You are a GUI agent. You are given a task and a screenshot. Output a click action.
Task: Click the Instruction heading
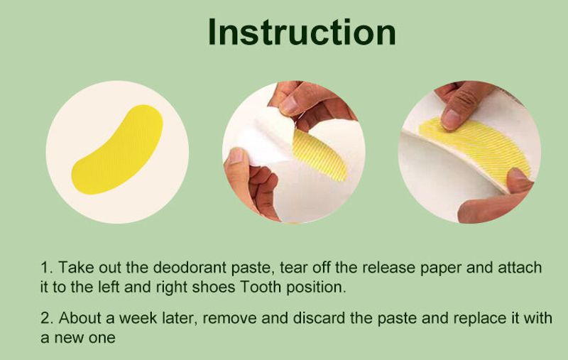[x=302, y=32]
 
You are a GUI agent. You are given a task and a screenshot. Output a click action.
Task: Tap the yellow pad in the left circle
[x=117, y=150]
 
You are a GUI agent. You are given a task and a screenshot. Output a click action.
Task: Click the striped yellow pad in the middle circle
[x=319, y=156]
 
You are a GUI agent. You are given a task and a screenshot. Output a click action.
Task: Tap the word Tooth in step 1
[x=261, y=287]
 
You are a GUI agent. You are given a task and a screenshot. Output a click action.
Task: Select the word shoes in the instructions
[x=214, y=287]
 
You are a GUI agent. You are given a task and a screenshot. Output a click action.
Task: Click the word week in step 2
[x=138, y=318]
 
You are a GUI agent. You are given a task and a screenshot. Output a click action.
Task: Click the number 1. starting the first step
[x=47, y=268]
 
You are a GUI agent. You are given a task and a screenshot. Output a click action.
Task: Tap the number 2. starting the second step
[x=47, y=318]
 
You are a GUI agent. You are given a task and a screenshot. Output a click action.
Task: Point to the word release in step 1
[x=388, y=268]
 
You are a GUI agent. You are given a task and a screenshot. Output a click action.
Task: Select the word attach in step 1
[x=520, y=268]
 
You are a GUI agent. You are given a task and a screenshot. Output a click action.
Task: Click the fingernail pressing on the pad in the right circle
[x=451, y=119]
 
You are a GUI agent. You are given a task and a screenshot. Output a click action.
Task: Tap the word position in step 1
[x=316, y=288]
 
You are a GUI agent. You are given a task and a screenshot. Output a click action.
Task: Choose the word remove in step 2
[x=229, y=319]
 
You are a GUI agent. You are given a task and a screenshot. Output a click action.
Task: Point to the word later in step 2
[x=180, y=318]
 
